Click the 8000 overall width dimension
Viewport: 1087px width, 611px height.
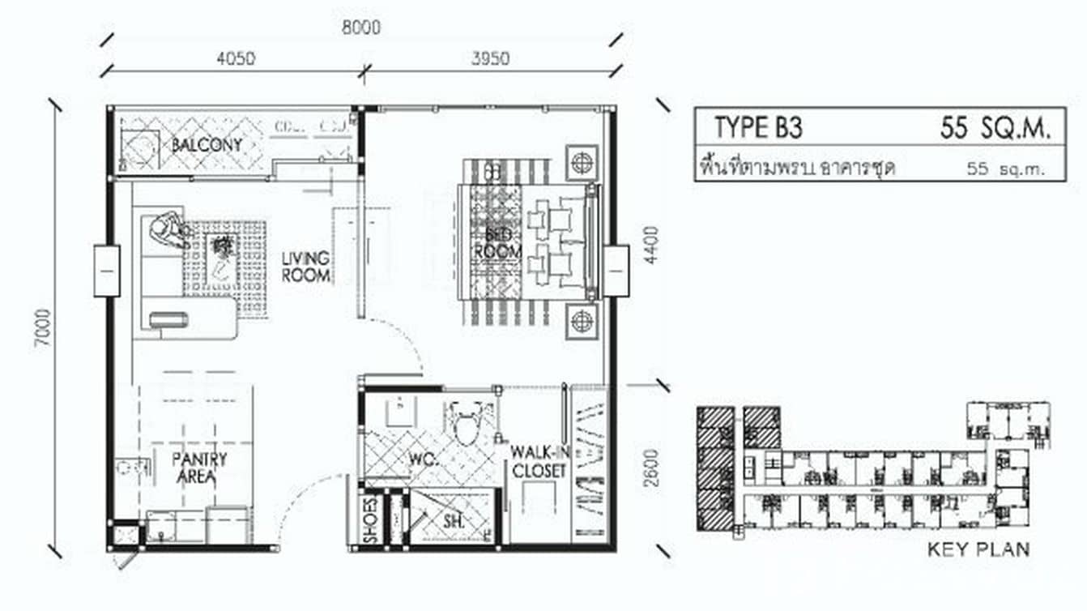tap(361, 28)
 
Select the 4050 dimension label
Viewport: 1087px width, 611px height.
tap(235, 58)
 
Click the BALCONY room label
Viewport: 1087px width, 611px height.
tap(207, 145)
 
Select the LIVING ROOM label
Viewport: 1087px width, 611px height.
tap(305, 267)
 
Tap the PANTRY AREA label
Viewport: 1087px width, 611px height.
tap(199, 468)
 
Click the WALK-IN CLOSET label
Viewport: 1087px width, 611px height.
tap(538, 460)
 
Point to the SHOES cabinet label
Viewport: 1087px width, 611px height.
tap(370, 520)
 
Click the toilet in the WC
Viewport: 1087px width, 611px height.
tap(467, 424)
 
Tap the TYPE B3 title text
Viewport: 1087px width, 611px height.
tap(758, 127)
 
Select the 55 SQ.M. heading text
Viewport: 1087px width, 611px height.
tap(995, 127)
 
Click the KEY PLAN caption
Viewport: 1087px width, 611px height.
tap(978, 549)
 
